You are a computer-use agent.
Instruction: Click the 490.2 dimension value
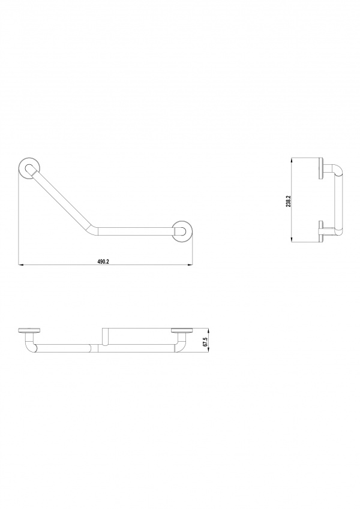[x=103, y=261]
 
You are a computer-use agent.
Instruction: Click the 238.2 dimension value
[x=288, y=201]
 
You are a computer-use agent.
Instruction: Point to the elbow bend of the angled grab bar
[x=92, y=230]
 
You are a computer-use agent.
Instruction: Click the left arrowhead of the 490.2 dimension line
[x=20, y=265]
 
